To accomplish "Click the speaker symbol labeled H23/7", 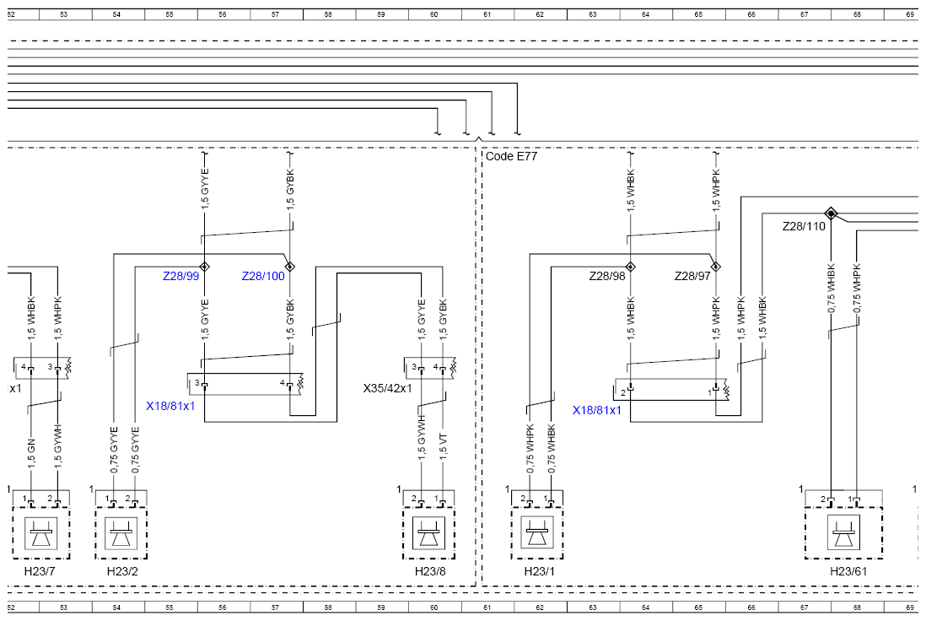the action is coord(40,533).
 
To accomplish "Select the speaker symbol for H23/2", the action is coord(121,533).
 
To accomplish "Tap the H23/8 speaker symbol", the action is coord(428,533).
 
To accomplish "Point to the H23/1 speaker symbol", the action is coord(537,533).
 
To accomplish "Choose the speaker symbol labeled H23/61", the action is coord(843,532).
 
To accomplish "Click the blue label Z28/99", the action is coord(180,276).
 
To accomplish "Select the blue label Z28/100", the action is coord(263,276).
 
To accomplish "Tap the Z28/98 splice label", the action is coord(607,276).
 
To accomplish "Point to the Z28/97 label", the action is coord(692,276).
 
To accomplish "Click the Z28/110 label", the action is coord(804,226).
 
